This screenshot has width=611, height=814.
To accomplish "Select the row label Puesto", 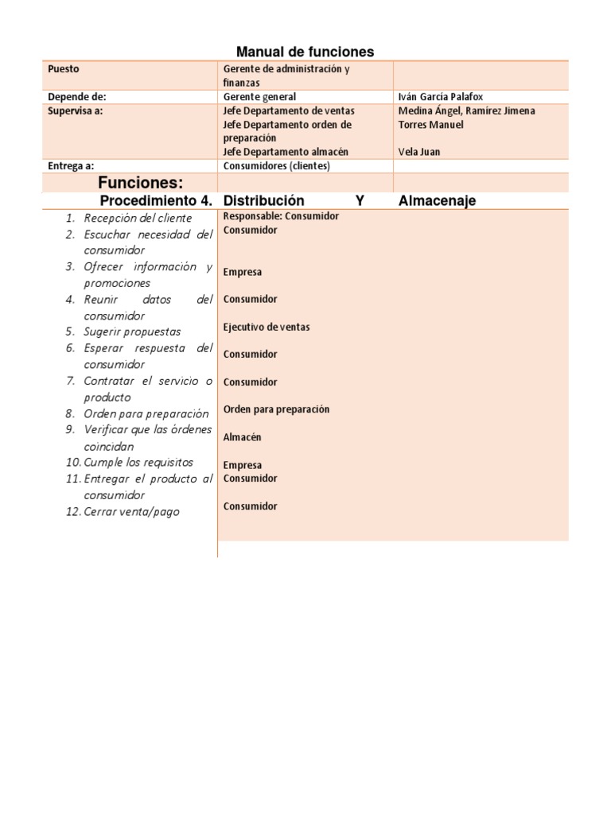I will tap(64, 69).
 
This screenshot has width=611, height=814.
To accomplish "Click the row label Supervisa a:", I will tap(76, 111).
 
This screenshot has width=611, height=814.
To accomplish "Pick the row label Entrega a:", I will tap(72, 166).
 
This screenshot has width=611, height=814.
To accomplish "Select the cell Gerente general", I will tap(259, 97).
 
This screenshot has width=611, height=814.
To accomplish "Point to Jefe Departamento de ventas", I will tap(289, 111).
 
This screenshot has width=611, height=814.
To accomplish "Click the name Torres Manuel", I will tap(430, 125).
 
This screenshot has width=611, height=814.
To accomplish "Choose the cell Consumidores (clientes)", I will tap(276, 166).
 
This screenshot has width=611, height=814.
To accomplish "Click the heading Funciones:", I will tap(141, 184).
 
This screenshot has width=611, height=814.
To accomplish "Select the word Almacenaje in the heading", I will tap(437, 201).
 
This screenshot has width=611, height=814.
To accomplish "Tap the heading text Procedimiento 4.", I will tap(156, 201).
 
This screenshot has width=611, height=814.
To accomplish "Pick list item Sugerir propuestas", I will tap(132, 331).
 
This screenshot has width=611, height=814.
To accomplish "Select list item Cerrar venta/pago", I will tap(131, 512).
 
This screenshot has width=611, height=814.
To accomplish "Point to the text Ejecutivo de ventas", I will tap(267, 327).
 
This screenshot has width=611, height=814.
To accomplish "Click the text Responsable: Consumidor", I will tap(281, 216).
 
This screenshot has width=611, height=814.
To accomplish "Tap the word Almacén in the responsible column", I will tap(243, 437).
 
